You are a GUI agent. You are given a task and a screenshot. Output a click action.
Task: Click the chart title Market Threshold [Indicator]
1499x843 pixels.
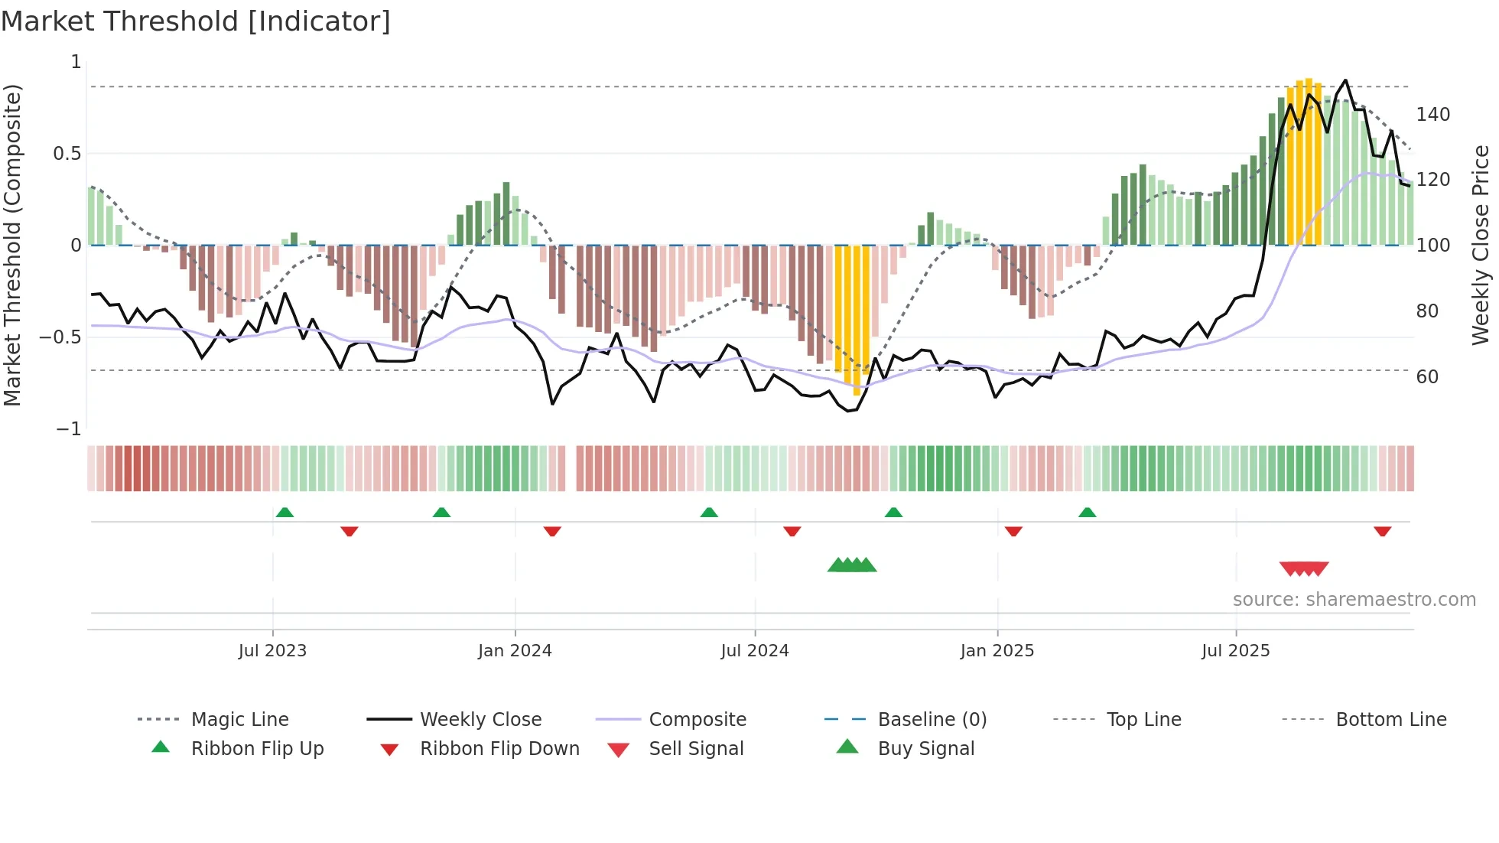(196, 21)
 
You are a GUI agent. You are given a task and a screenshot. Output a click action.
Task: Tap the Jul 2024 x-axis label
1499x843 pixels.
(754, 651)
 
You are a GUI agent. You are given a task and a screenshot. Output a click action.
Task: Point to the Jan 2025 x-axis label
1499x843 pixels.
(997, 651)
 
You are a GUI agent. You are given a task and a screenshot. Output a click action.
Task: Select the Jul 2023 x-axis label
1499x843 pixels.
(272, 651)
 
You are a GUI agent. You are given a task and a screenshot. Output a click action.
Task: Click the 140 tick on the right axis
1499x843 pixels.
(1432, 115)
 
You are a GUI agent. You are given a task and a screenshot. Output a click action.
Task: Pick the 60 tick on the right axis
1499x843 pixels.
(1427, 377)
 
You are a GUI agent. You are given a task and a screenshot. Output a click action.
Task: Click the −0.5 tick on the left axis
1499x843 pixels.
(60, 337)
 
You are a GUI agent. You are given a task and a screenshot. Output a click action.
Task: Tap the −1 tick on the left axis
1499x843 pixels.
(69, 429)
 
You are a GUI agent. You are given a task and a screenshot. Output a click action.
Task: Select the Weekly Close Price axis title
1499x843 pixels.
(1481, 245)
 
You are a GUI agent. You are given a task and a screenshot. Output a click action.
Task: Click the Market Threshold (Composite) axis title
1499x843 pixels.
(12, 245)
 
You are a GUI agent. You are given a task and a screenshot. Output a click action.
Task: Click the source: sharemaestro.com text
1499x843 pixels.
(1354, 600)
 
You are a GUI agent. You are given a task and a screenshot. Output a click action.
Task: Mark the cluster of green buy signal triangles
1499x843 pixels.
(852, 565)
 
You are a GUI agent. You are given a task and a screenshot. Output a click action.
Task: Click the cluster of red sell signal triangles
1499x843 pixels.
(1304, 568)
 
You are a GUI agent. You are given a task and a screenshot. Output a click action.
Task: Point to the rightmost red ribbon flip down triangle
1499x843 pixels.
(1382, 532)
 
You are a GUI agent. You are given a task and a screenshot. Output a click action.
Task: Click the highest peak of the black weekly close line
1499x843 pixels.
(1345, 80)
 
